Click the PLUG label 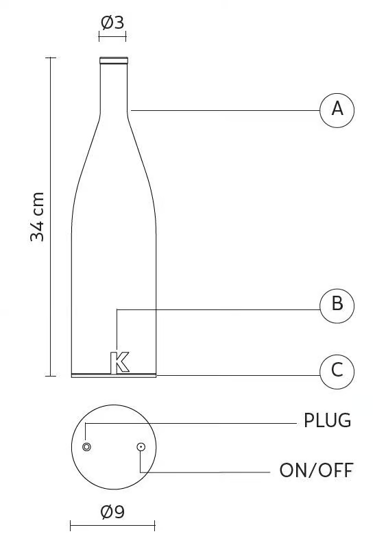327,420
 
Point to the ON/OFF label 316,470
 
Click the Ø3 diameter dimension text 112,23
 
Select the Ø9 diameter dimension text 112,512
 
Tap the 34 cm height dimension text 37,216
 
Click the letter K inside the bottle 119,362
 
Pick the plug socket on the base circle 86,446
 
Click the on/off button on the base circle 141,446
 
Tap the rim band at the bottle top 114,60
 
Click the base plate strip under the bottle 114,375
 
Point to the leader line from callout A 226,111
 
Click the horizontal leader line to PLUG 191,424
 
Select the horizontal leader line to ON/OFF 205,472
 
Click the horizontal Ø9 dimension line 112,525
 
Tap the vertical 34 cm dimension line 50,216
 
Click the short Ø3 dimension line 112,36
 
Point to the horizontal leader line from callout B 219,309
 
